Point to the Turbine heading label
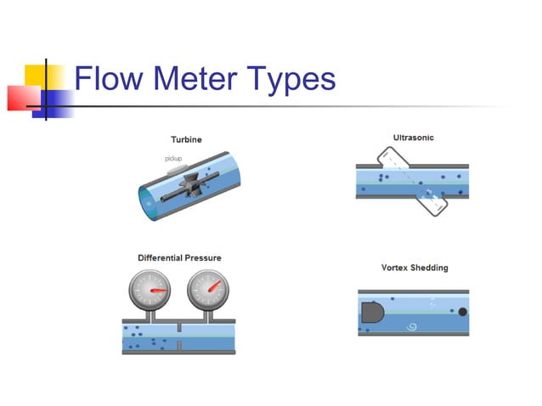click(x=186, y=139)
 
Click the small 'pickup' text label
click(x=173, y=159)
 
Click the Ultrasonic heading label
click(x=413, y=137)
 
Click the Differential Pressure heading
click(x=179, y=257)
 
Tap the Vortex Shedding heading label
click(x=414, y=268)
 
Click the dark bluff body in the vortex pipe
click(x=374, y=313)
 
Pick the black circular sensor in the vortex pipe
click(x=462, y=312)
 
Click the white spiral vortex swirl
click(x=414, y=324)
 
